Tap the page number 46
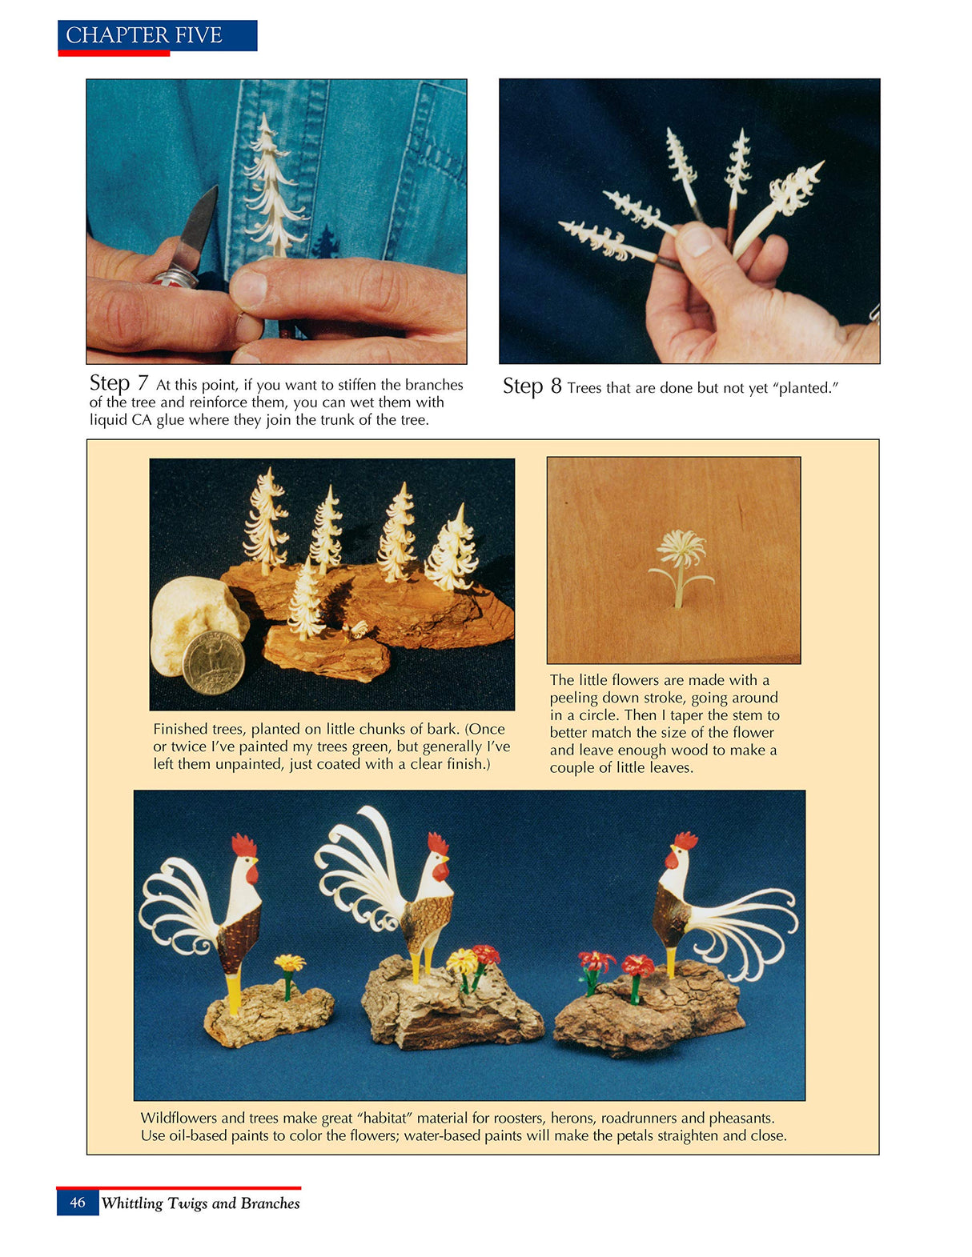(x=78, y=1203)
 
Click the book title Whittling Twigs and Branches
(x=200, y=1203)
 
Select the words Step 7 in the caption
(x=118, y=383)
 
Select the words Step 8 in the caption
(x=532, y=386)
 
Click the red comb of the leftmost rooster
(x=243, y=846)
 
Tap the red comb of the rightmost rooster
(x=685, y=841)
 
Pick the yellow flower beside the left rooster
(x=289, y=963)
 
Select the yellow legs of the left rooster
(x=232, y=992)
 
